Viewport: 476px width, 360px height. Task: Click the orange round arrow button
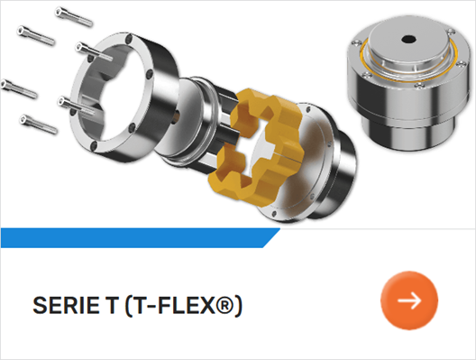click(409, 300)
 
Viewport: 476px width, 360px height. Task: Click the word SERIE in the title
click(66, 305)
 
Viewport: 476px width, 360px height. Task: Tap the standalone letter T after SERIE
click(111, 305)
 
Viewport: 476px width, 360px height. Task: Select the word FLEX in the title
click(186, 305)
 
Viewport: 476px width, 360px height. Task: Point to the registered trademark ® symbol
click(224, 305)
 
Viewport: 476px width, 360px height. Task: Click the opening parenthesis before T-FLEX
click(128, 306)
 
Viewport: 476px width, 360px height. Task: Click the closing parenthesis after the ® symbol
click(239, 306)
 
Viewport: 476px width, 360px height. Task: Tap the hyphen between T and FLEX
click(152, 306)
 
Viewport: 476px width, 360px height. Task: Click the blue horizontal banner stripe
click(141, 238)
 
